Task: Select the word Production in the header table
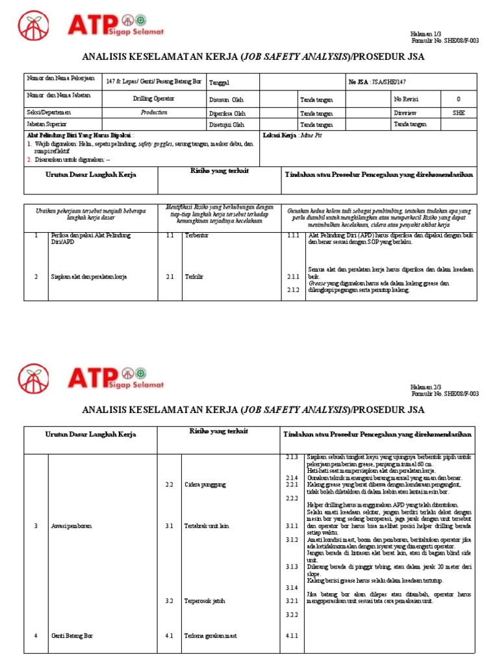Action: (x=154, y=112)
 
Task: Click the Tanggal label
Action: (x=219, y=82)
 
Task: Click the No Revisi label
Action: (x=407, y=99)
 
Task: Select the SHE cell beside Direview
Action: (x=459, y=112)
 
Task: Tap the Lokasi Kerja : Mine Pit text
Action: (x=292, y=135)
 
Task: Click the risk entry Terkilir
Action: (x=194, y=276)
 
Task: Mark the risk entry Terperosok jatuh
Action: (x=205, y=601)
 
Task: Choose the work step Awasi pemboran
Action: (x=71, y=526)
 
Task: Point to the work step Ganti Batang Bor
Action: (x=72, y=635)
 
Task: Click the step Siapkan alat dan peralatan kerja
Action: (x=88, y=276)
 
